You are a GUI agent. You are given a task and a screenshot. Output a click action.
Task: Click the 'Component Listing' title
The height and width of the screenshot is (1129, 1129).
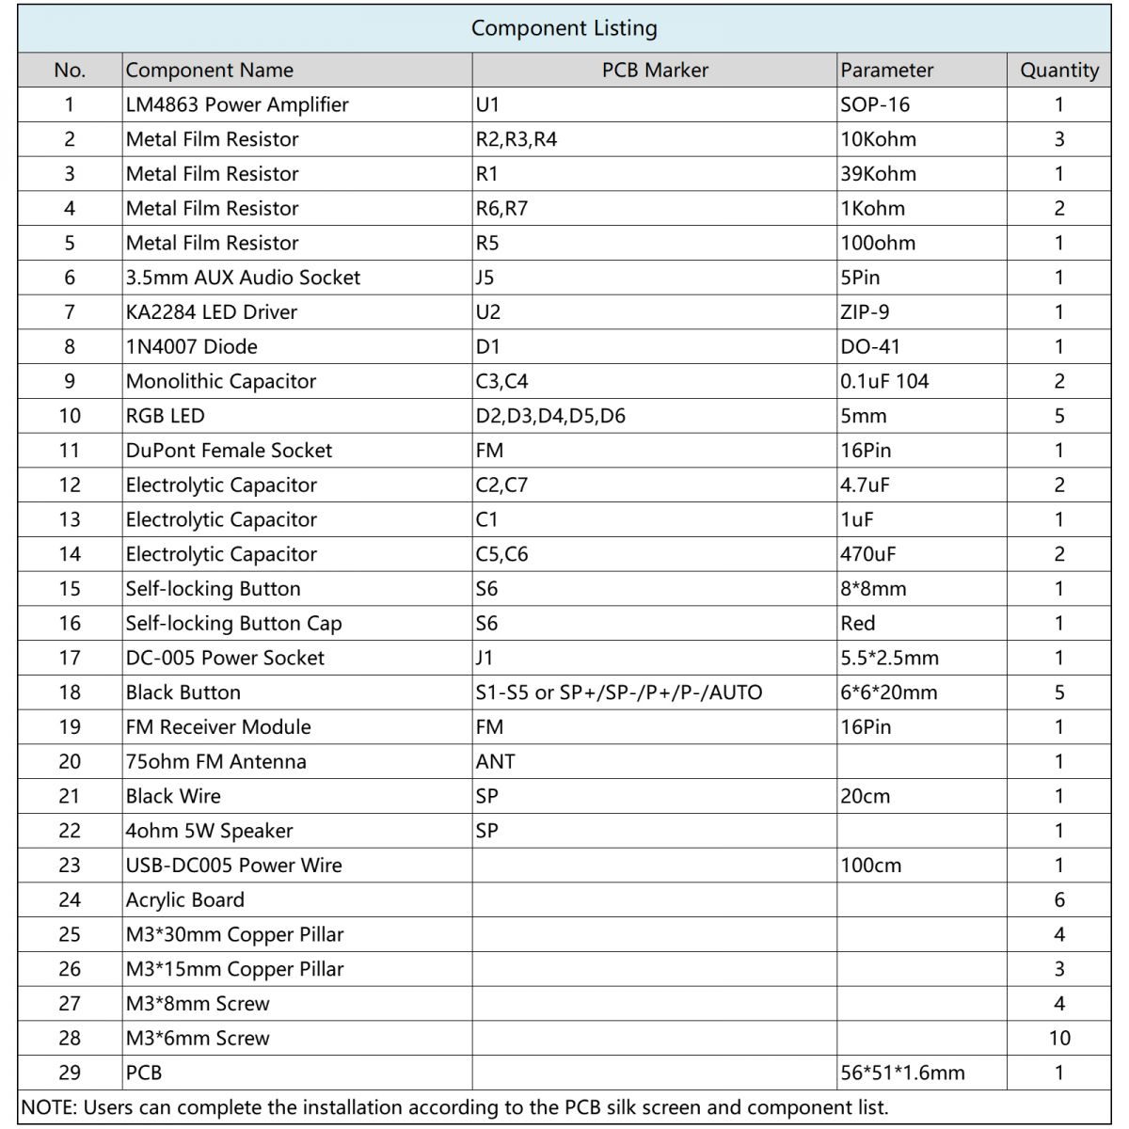(x=564, y=28)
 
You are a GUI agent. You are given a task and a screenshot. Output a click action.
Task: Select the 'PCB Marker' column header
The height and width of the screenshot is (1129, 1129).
(x=655, y=71)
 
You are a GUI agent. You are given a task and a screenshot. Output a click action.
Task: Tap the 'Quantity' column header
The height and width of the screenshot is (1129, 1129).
(x=1058, y=71)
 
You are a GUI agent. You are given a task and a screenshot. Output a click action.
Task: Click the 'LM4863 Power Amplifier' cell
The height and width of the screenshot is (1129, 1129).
(x=237, y=104)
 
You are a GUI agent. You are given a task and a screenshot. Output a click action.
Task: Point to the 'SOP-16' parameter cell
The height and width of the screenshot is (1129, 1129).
(x=875, y=104)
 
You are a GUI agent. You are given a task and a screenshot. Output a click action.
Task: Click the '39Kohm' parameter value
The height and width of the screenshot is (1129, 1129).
(x=878, y=174)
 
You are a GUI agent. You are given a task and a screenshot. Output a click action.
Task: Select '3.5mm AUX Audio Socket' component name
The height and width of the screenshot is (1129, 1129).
(x=243, y=278)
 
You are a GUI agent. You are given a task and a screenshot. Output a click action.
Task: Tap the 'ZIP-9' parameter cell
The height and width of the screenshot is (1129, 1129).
(x=865, y=312)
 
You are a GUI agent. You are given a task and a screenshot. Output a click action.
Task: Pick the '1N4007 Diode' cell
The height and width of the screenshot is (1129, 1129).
(x=192, y=347)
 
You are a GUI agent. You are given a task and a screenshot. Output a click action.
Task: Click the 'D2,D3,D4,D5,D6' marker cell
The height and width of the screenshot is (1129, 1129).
(x=550, y=416)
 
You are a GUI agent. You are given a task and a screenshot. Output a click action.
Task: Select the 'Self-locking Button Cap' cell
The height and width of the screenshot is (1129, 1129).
(x=233, y=624)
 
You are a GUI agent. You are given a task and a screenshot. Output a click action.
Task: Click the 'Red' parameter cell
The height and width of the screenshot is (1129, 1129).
(x=857, y=624)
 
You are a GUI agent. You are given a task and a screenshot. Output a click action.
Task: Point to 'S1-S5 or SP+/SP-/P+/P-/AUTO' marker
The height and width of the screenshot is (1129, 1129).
(x=619, y=692)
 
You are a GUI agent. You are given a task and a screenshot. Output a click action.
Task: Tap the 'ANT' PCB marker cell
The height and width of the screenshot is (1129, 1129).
(x=495, y=762)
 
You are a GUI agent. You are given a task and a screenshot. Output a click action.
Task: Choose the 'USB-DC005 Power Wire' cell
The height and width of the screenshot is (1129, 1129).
(x=233, y=866)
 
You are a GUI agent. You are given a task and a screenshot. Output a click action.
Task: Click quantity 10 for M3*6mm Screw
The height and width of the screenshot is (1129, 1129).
(x=1058, y=1039)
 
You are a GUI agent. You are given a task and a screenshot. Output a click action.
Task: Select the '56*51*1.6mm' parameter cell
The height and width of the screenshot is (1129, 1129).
(x=902, y=1073)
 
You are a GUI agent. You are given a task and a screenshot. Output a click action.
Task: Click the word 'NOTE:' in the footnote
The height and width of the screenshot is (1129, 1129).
(x=50, y=1107)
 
